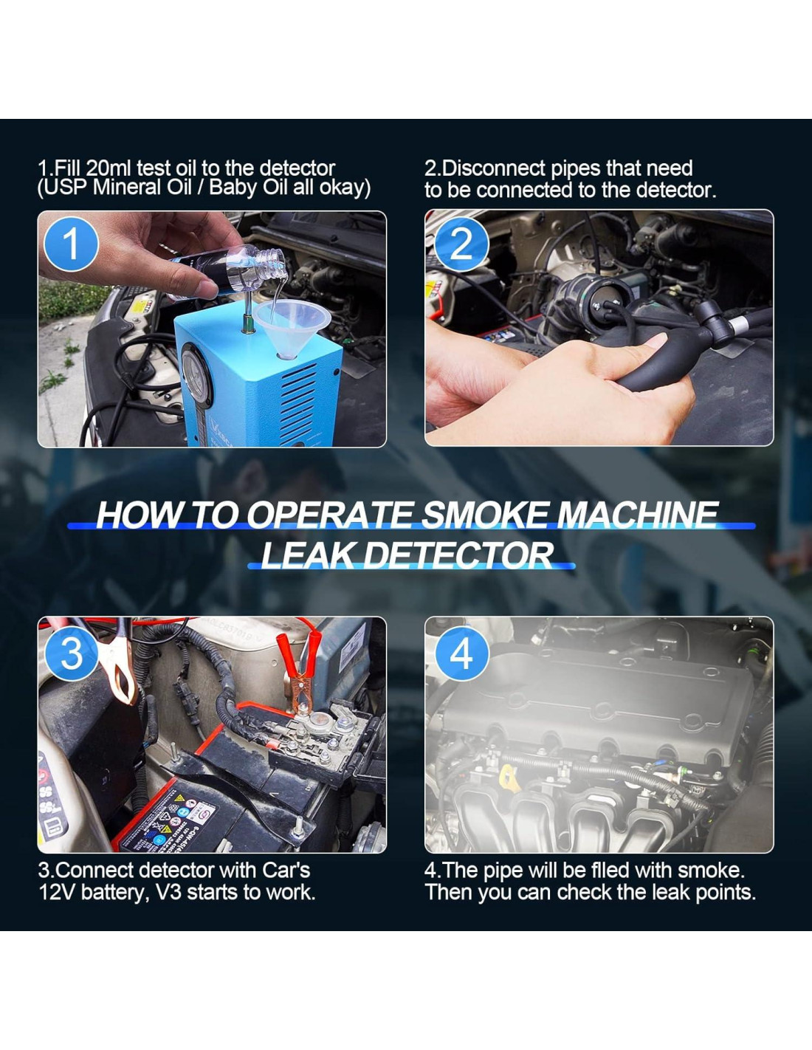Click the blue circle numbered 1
[x=71, y=244]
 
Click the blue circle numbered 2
[x=461, y=244]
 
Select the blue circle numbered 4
[x=462, y=654]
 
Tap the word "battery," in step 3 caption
[x=114, y=893]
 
